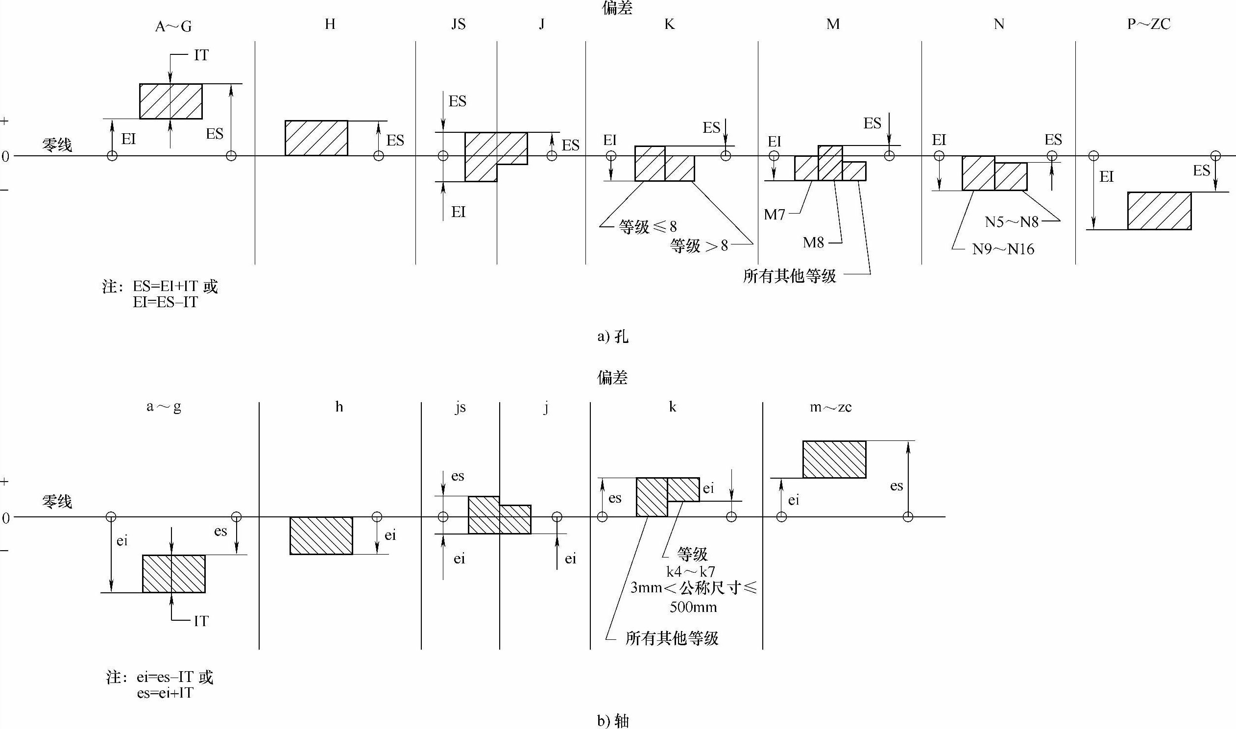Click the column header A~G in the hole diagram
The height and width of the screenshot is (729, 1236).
point(173,25)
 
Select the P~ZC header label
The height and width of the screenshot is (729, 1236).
point(1148,24)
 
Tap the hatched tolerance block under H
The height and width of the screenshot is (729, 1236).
point(316,138)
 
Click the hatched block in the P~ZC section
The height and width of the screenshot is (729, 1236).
point(1159,211)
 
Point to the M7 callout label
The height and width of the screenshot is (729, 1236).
point(775,214)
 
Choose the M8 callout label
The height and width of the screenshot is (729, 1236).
point(813,242)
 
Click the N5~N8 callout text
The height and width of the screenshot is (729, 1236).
point(1012,222)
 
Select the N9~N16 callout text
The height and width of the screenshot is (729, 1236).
point(1003,249)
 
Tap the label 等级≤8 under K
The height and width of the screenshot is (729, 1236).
point(647,226)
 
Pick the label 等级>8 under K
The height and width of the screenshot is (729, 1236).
point(699,245)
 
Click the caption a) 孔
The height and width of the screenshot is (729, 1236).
point(613,337)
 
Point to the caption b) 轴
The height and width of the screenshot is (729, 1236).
point(613,721)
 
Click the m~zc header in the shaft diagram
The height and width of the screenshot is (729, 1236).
point(830,407)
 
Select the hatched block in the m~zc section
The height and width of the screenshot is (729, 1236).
point(834,460)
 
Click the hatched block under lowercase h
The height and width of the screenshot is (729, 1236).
point(321,535)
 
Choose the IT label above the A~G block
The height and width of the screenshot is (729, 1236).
point(201,55)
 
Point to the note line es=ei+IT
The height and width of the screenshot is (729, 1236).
point(165,693)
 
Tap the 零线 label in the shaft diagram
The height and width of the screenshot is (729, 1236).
point(57,502)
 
